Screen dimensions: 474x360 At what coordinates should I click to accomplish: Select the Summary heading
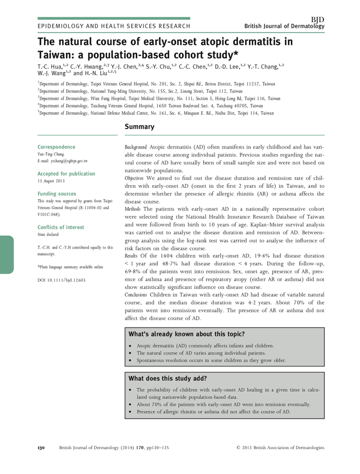click(139, 127)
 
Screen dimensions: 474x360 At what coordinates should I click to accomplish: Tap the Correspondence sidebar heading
click(56, 147)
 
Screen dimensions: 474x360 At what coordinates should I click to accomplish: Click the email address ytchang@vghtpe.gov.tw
click(63, 161)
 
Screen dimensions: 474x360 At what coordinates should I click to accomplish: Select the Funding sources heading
click(57, 194)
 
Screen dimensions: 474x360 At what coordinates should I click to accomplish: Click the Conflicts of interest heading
click(61, 228)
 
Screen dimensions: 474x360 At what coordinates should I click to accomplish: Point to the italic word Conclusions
click(138, 295)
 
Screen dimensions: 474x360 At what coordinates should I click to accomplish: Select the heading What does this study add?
click(168, 379)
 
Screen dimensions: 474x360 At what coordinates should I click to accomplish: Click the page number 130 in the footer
click(41, 448)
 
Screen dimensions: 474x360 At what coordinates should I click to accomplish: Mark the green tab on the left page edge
click(7, 254)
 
